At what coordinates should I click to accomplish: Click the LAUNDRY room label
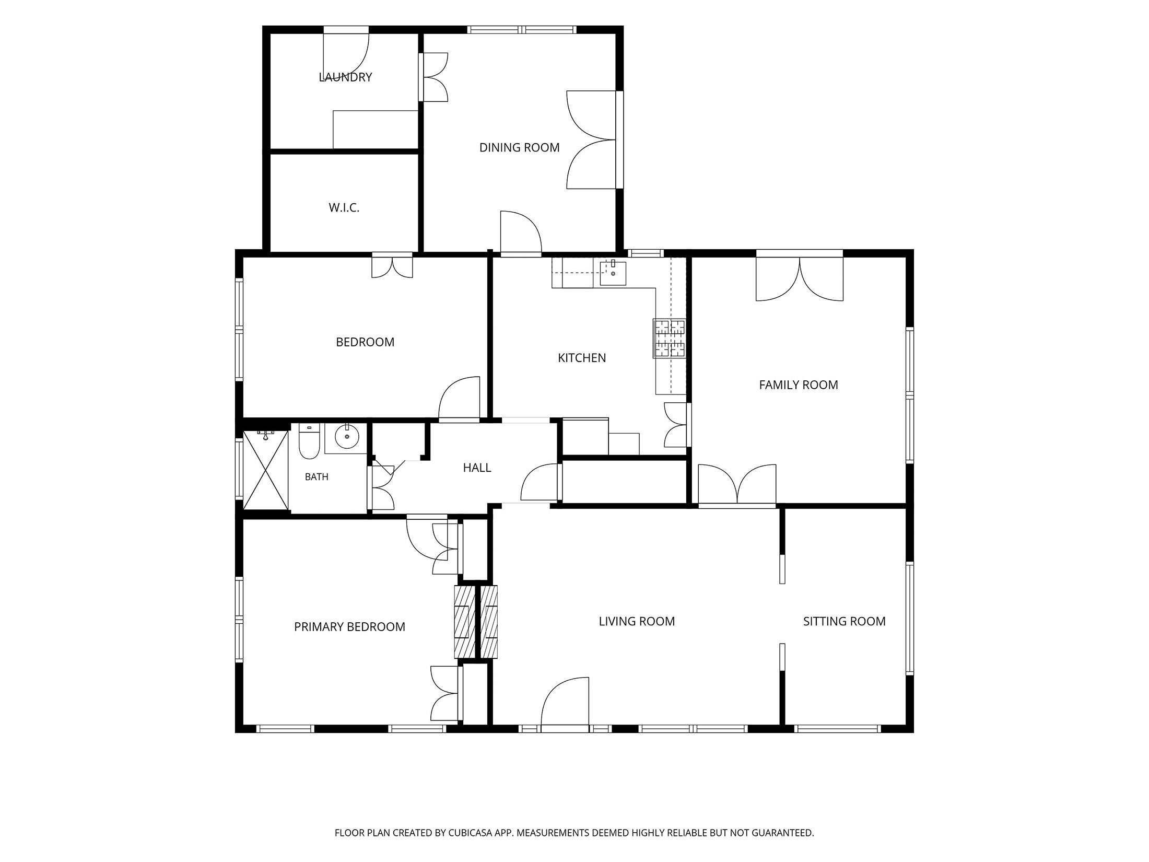click(345, 77)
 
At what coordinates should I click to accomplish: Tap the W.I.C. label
click(344, 208)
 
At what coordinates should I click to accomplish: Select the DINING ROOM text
click(519, 148)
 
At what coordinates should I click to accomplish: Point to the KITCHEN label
click(582, 358)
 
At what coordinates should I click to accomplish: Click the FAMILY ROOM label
click(799, 385)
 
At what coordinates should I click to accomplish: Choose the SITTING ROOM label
click(844, 621)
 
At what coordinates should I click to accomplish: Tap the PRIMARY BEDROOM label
click(349, 627)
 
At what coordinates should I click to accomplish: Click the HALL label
click(477, 468)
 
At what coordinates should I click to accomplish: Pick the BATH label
click(316, 476)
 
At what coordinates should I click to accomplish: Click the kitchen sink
click(613, 273)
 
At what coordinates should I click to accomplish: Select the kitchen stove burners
click(669, 339)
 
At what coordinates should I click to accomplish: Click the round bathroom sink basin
click(346, 437)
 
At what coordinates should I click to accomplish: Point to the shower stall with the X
click(266, 470)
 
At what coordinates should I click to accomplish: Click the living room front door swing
click(565, 702)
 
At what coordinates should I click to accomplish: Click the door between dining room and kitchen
click(521, 232)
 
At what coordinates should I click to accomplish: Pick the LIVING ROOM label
click(637, 621)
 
